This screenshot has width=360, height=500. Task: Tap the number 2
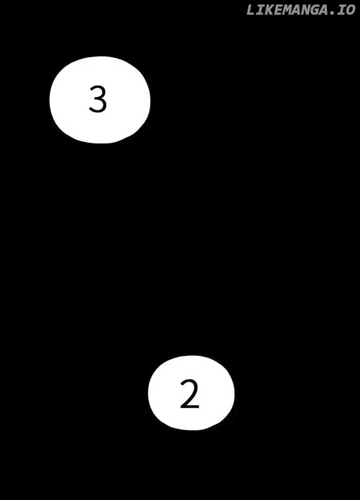click(189, 394)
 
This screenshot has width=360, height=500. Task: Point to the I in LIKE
click(259, 9)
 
